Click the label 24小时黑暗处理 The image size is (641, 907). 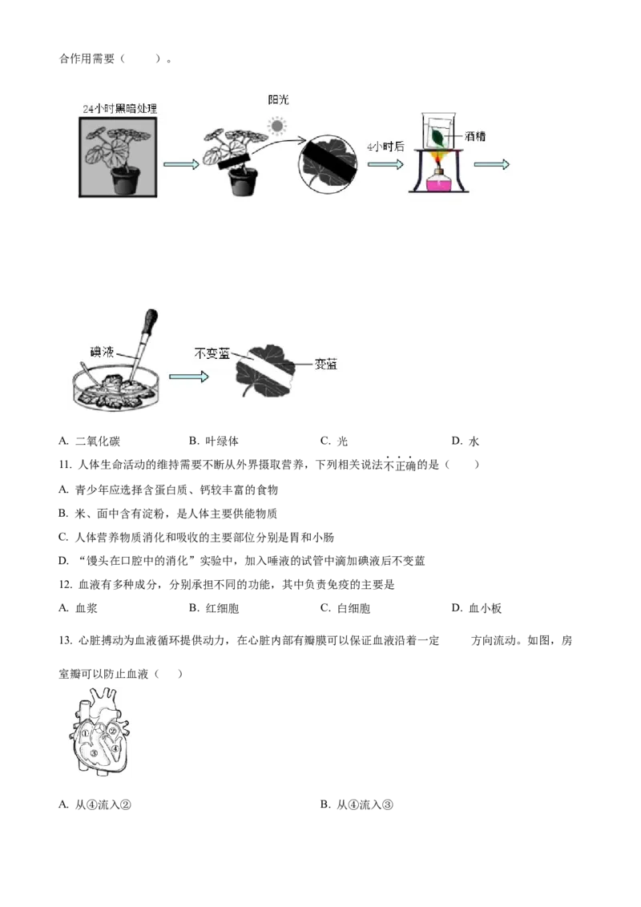coord(120,108)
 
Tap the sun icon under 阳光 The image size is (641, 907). coord(277,126)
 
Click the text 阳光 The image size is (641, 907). coord(277,99)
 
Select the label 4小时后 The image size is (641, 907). coord(383,147)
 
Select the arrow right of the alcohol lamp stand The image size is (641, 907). coord(492,164)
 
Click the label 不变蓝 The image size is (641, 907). coord(212,353)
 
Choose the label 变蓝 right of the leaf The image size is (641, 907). coord(326,364)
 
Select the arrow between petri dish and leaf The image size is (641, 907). coord(189,376)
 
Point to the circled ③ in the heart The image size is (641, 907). coord(94,753)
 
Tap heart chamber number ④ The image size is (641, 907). coord(115,749)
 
